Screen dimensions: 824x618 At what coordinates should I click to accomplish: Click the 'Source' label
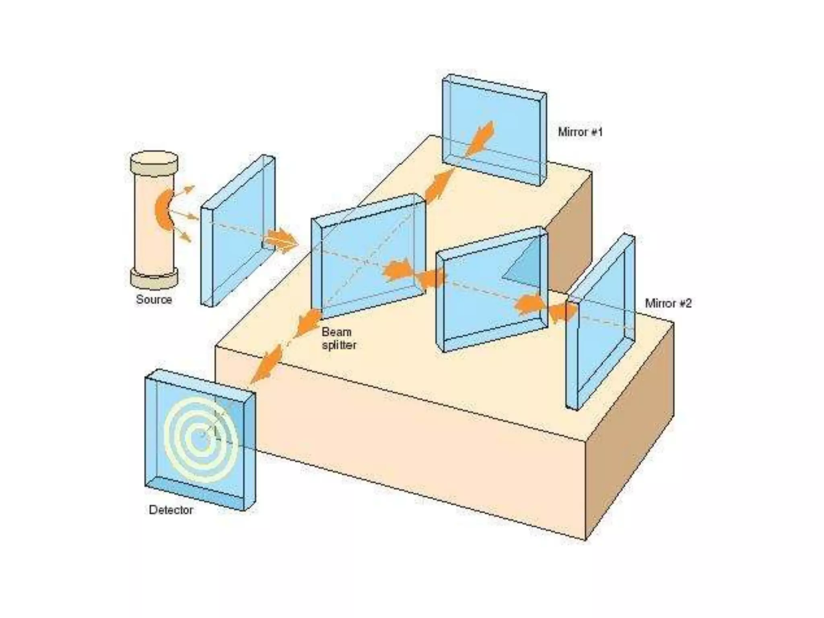(x=154, y=299)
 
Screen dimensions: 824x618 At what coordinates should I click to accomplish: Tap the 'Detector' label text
(x=171, y=510)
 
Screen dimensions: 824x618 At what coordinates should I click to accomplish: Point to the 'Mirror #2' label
(x=668, y=303)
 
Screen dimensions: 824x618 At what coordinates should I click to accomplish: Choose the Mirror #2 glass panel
(x=602, y=322)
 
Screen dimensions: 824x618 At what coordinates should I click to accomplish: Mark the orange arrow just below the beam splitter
(x=308, y=322)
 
